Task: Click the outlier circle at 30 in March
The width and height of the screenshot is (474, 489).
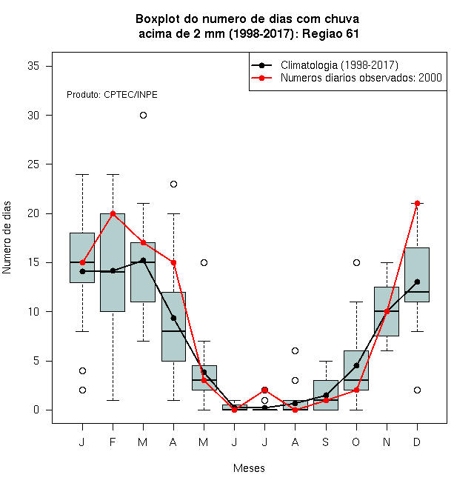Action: point(143,116)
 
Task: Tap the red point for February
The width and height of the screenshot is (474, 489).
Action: point(113,213)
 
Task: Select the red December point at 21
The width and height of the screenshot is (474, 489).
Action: point(417,203)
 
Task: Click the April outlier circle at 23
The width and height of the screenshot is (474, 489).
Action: point(174,184)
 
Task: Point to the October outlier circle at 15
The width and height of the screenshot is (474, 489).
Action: point(356,262)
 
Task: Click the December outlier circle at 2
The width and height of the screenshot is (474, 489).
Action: point(417,390)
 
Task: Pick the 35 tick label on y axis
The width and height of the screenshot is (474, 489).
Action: point(33,66)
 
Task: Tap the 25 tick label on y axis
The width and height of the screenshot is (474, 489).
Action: point(33,164)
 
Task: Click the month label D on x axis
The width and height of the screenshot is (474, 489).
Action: point(417,442)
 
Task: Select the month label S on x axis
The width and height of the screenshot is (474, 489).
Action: point(326,442)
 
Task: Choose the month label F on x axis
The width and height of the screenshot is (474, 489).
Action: point(113,442)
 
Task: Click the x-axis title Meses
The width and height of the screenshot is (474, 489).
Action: point(249,468)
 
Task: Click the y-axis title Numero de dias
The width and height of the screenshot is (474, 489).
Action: point(7,238)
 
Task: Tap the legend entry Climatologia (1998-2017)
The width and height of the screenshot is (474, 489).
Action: point(339,65)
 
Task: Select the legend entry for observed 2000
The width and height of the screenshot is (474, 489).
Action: point(361,78)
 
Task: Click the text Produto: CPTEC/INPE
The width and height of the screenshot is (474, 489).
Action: point(112,95)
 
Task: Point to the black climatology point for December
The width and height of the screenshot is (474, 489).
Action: point(417,282)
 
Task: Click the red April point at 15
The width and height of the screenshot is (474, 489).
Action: point(174,262)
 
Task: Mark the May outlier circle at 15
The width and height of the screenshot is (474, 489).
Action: point(204,262)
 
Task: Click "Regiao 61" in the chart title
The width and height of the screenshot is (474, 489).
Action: point(330,33)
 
